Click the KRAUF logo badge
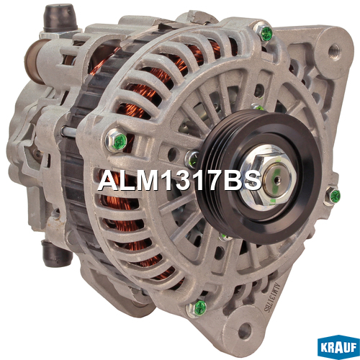click(x=338, y=347)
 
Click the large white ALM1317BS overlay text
click(x=179, y=181)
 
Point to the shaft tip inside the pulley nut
click(x=277, y=179)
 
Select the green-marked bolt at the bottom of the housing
click(x=197, y=308)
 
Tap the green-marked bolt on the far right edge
click(x=332, y=195)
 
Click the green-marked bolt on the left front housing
click(x=117, y=140)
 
